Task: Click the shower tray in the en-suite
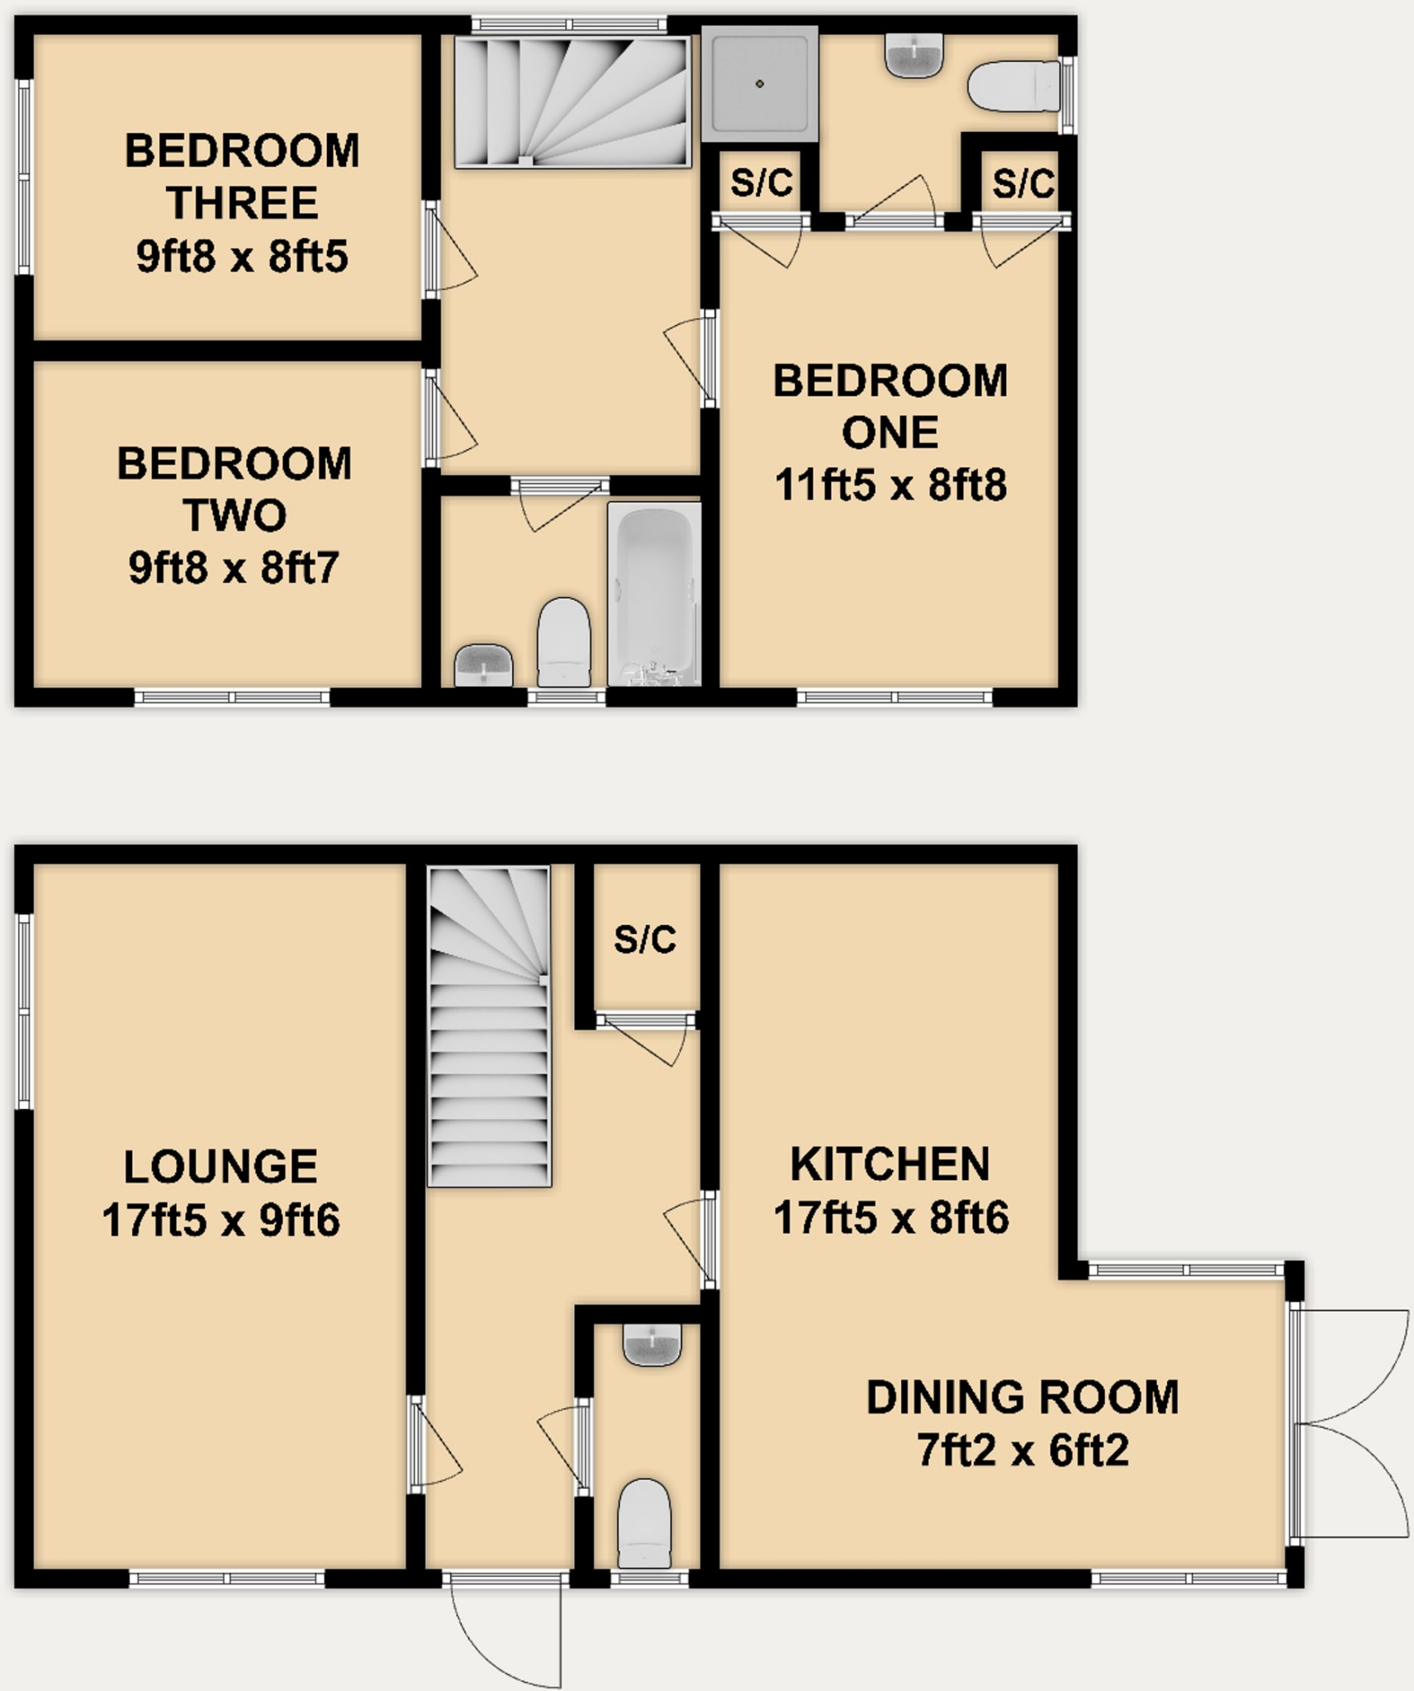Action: [x=759, y=83]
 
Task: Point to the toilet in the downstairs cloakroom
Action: [x=644, y=1523]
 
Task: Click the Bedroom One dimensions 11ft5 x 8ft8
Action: [x=890, y=485]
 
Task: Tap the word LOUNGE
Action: [x=221, y=1167]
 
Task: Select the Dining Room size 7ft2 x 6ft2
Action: [x=1023, y=1451]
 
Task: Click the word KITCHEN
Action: [x=890, y=1164]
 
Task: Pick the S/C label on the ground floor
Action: [x=645, y=940]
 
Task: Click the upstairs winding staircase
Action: [x=572, y=102]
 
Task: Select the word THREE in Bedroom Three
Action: [x=242, y=203]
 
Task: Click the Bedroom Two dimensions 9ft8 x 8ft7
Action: [x=234, y=568]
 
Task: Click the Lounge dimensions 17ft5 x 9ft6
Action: [x=221, y=1220]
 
